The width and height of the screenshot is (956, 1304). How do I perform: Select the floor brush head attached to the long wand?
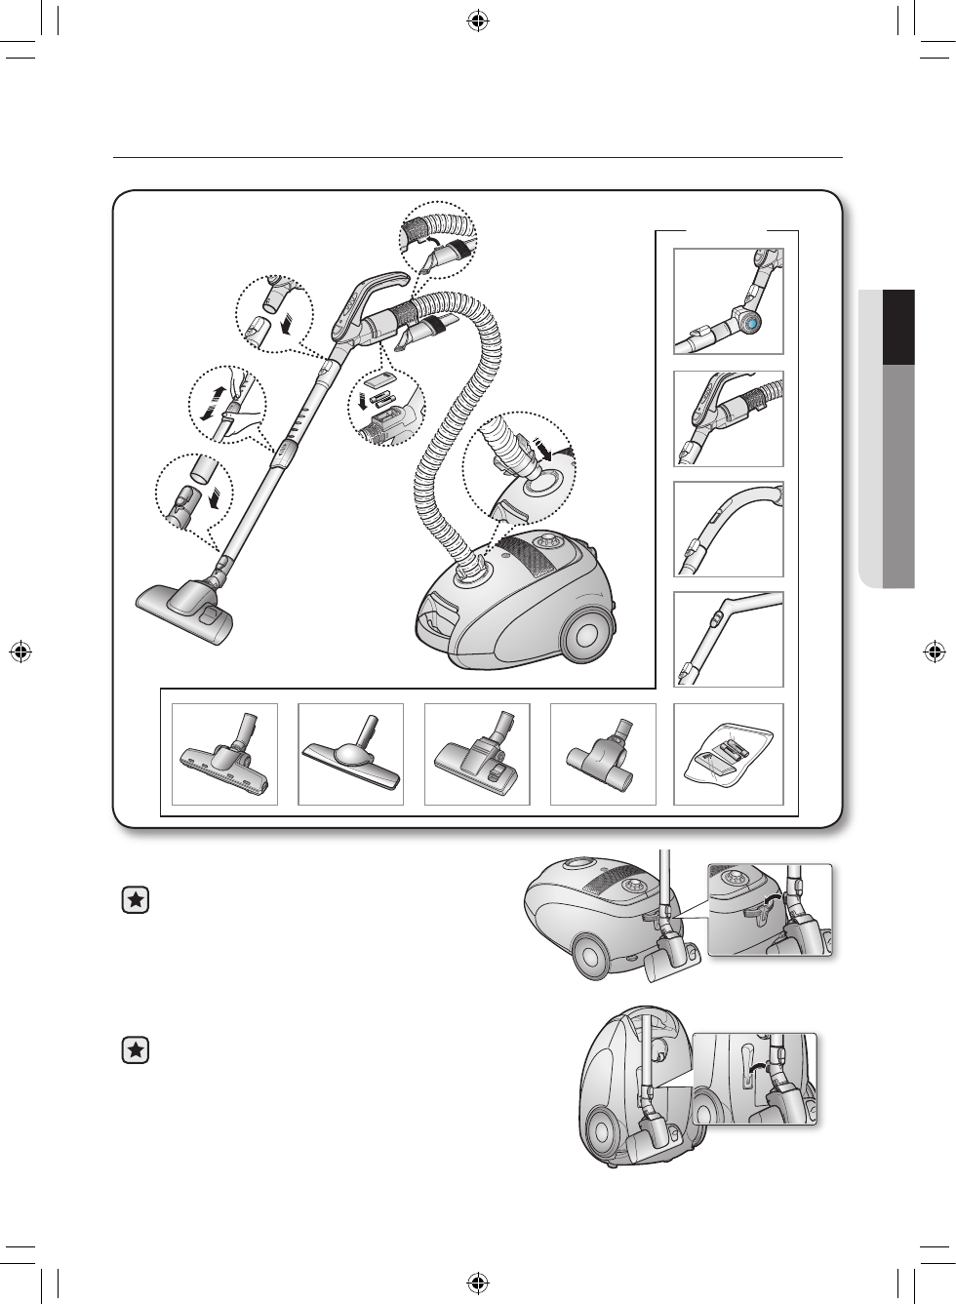pyautogui.click(x=185, y=609)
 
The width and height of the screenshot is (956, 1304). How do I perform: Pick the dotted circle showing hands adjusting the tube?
pyautogui.click(x=225, y=403)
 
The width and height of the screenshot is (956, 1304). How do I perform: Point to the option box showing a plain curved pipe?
pyautogui.click(x=729, y=530)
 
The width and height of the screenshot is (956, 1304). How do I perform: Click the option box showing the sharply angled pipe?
pyautogui.click(x=729, y=639)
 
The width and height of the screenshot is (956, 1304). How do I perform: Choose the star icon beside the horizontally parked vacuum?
pyautogui.click(x=137, y=902)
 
